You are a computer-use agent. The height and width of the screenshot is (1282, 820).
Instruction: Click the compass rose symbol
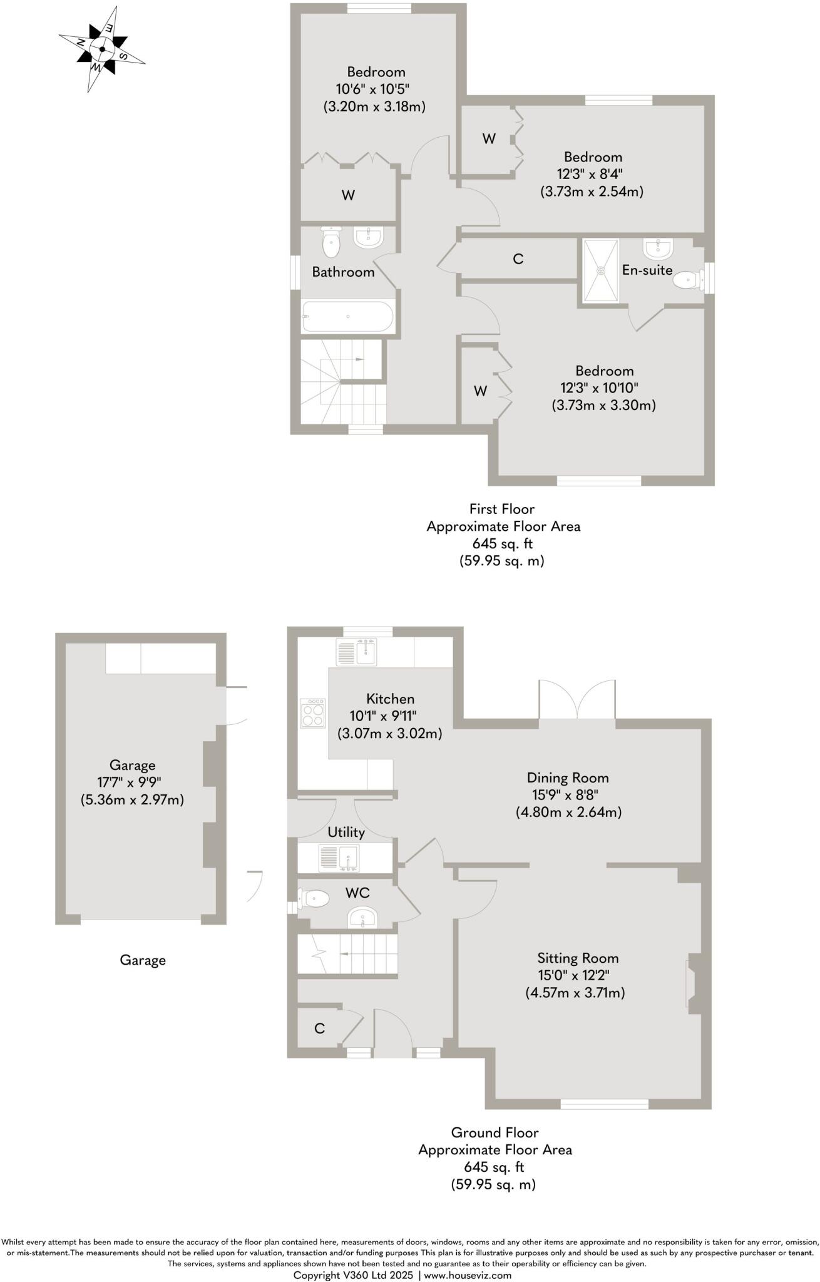101,49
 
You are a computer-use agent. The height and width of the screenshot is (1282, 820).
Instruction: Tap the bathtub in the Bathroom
347,317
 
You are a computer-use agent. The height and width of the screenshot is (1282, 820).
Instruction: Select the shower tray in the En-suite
601,270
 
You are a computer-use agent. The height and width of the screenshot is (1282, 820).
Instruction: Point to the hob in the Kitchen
313,713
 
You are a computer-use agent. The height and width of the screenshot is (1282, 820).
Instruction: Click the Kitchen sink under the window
357,652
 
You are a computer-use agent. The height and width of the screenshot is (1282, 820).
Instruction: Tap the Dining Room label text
567,777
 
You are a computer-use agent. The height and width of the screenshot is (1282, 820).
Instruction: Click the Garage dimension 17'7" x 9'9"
132,782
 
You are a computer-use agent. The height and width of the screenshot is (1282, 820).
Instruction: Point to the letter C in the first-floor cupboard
518,259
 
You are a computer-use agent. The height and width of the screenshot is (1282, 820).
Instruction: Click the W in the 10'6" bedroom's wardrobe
348,195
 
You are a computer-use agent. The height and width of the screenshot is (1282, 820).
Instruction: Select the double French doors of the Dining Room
577,700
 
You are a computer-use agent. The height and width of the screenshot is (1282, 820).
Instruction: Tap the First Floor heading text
502,509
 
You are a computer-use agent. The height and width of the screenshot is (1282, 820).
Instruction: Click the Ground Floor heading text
495,1132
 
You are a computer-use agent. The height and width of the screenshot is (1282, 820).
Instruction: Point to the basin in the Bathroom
368,237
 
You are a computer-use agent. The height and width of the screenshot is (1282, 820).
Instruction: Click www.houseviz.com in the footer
468,1275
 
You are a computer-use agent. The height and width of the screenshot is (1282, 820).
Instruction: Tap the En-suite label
647,270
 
